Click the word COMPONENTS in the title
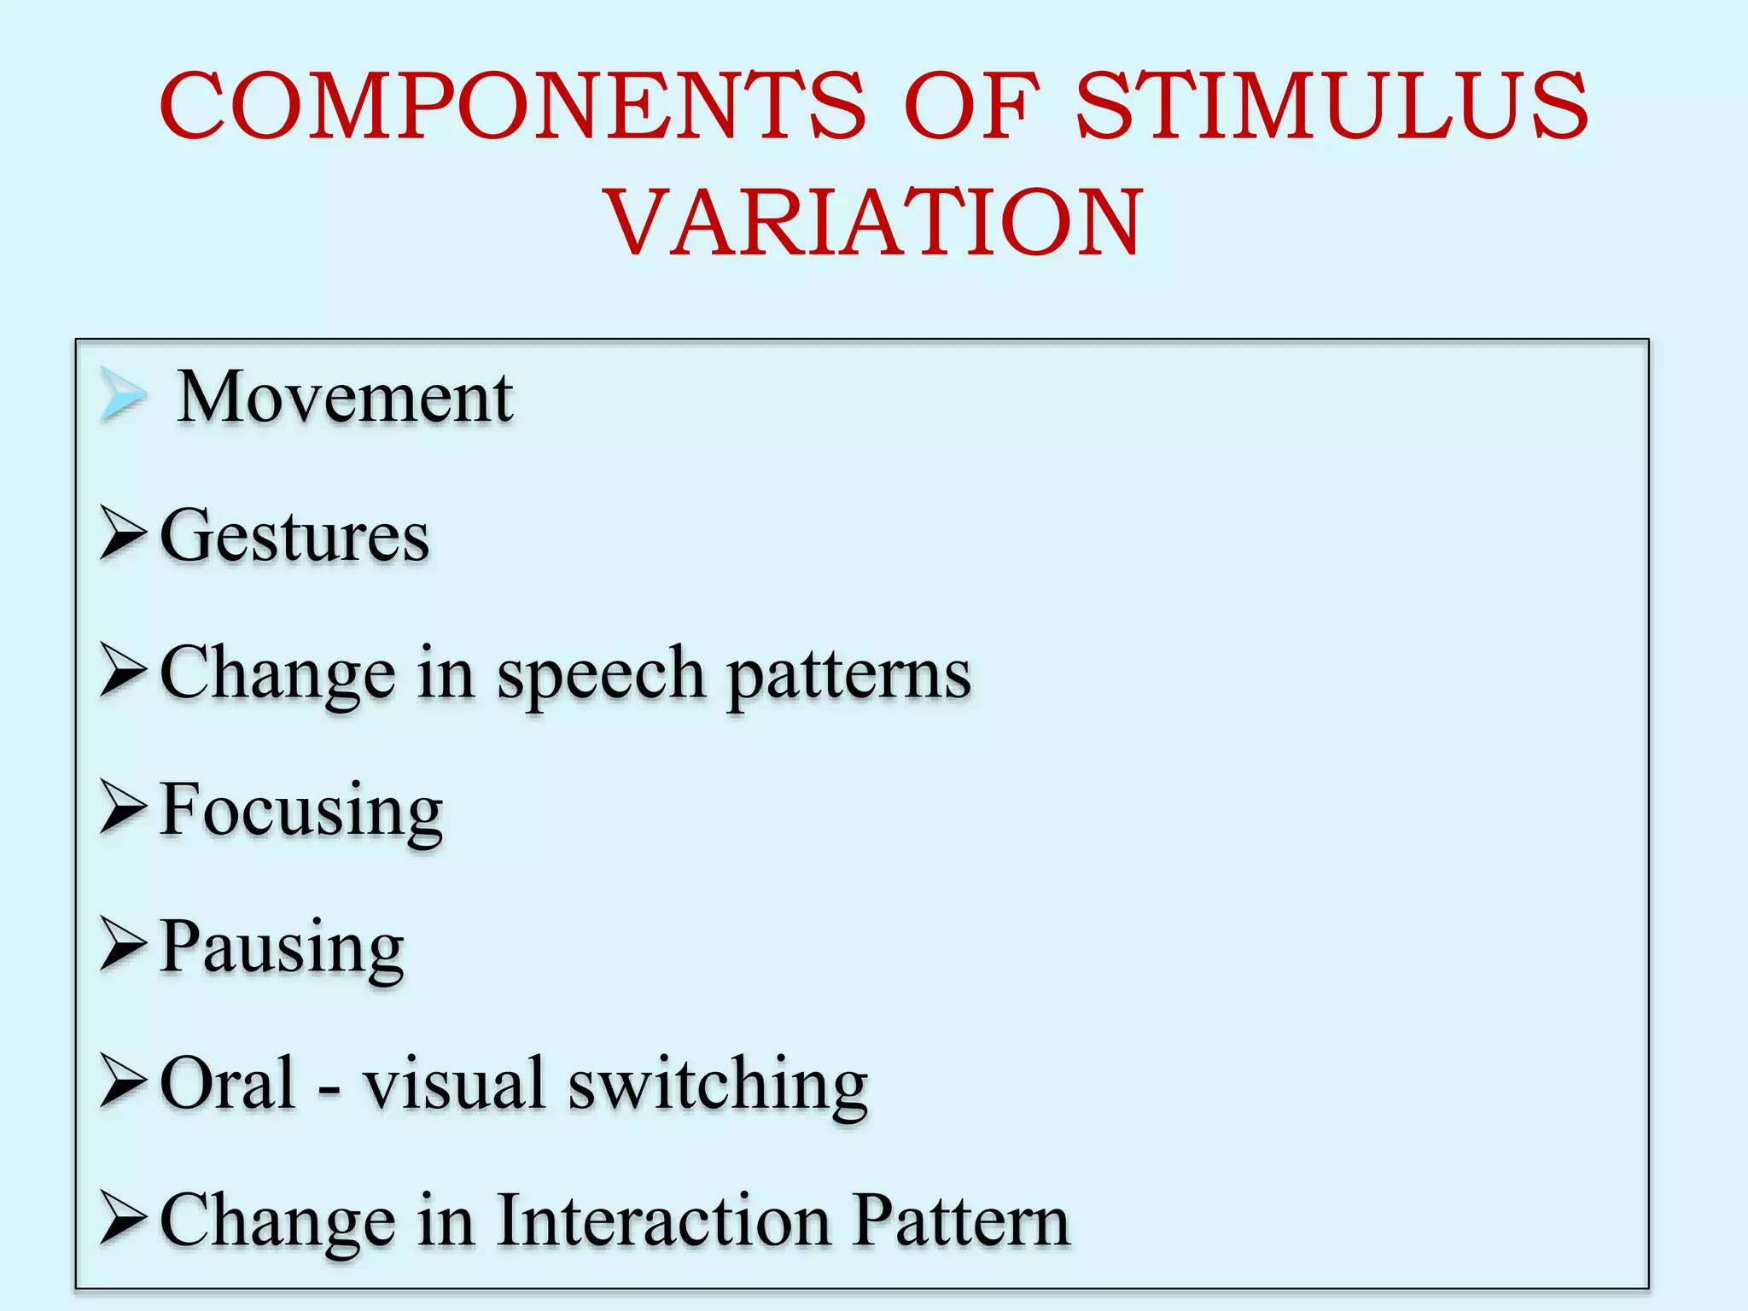click(x=512, y=106)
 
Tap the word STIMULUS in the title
click(x=1331, y=106)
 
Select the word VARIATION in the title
click(x=874, y=224)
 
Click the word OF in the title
click(x=972, y=106)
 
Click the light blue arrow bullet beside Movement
click(x=123, y=394)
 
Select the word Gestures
click(x=294, y=536)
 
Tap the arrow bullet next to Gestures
click(x=123, y=533)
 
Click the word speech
click(x=601, y=675)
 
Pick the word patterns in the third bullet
click(x=848, y=675)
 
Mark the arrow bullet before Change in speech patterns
click(x=123, y=671)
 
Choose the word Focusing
click(x=301, y=811)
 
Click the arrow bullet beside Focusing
click(x=123, y=807)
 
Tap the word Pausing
click(x=282, y=948)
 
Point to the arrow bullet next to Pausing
click(x=123, y=944)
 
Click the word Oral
click(x=228, y=1083)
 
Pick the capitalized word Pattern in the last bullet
click(x=961, y=1221)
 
